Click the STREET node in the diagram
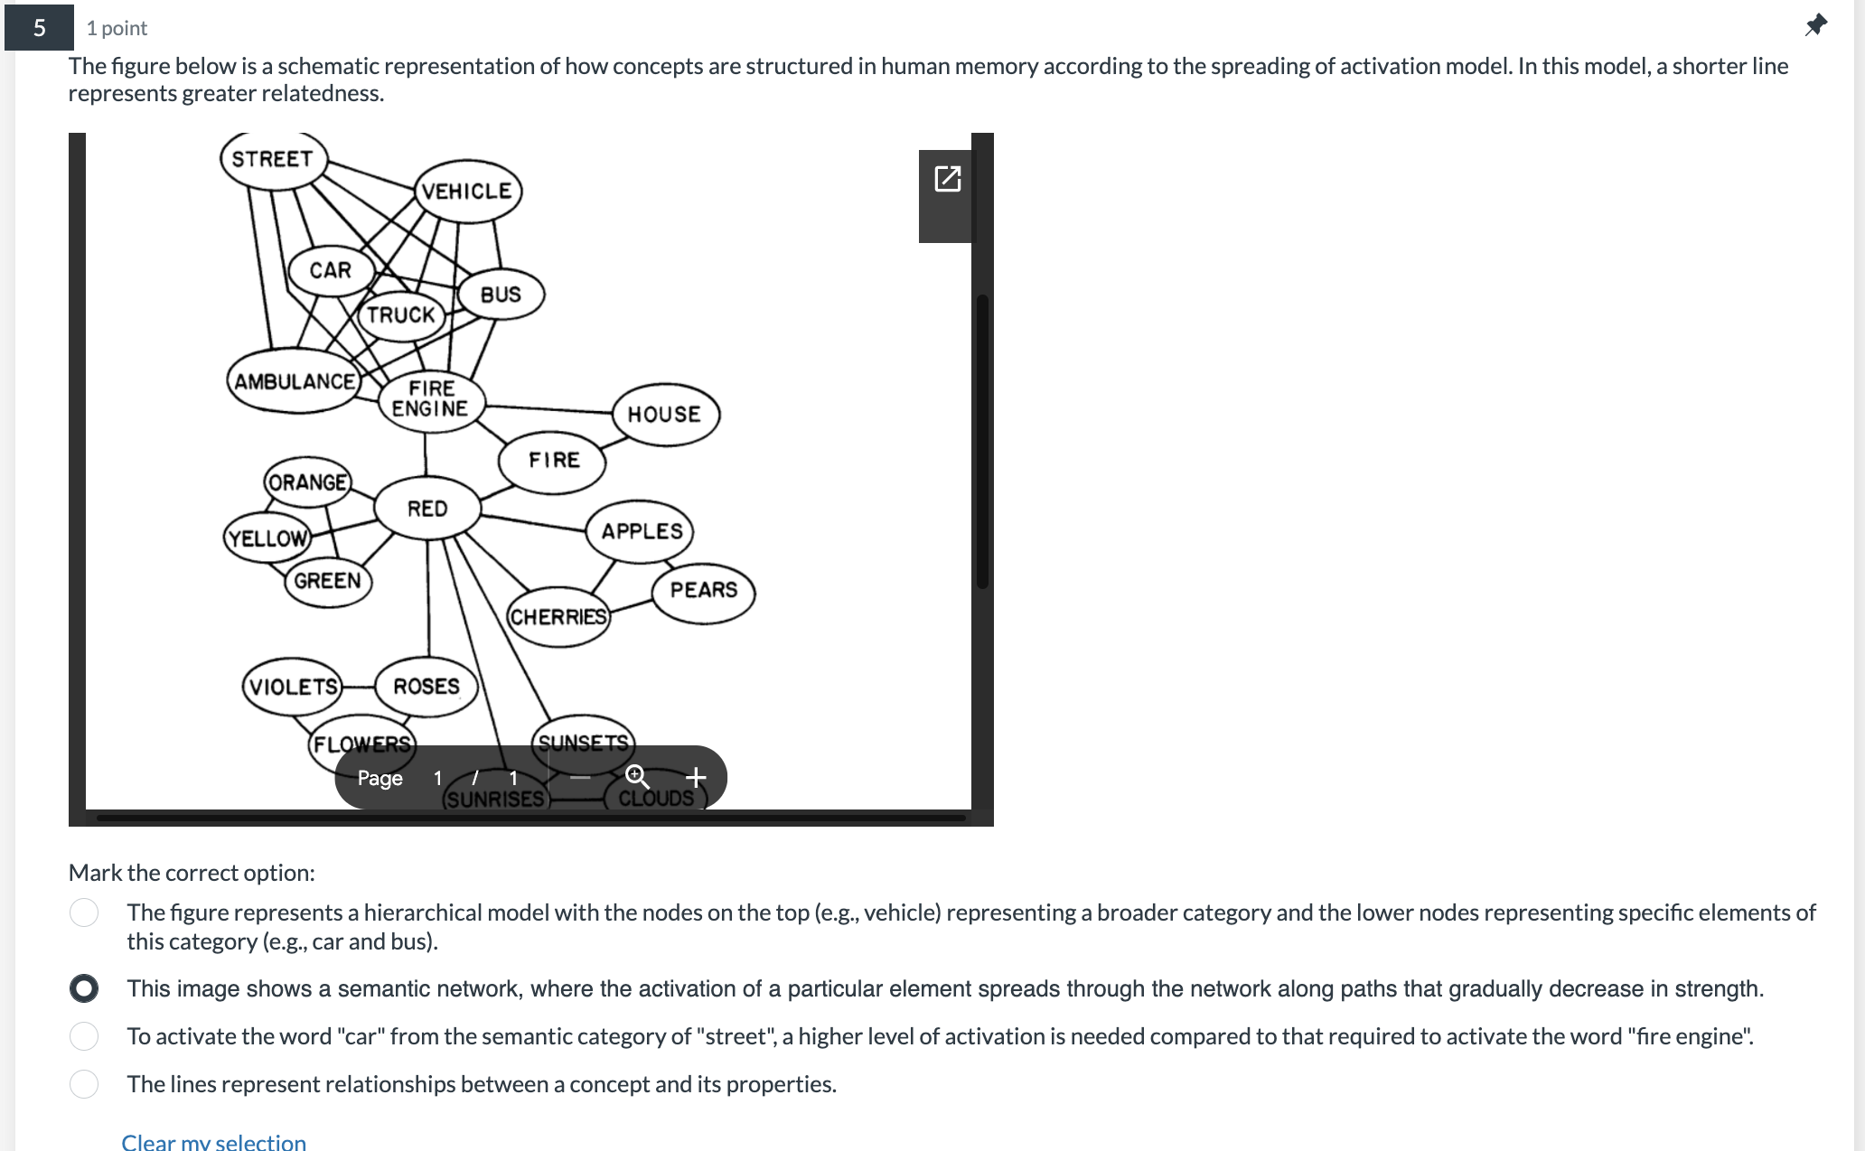click(273, 160)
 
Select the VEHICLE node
click(467, 192)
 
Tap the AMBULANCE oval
click(295, 381)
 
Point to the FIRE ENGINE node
click(431, 398)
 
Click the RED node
click(427, 509)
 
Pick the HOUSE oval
click(665, 415)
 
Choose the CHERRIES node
click(558, 617)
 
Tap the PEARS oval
click(704, 590)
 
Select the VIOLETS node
click(294, 687)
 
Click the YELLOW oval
click(267, 538)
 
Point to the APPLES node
click(642, 531)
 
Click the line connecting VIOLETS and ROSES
click(359, 687)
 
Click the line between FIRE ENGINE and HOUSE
click(548, 408)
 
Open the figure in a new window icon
click(947, 179)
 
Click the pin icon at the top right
click(1815, 25)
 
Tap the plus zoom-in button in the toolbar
click(696, 777)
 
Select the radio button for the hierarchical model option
click(84, 912)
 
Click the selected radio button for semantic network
click(84, 988)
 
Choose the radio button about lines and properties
click(84, 1083)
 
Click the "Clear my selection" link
click(214, 1142)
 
